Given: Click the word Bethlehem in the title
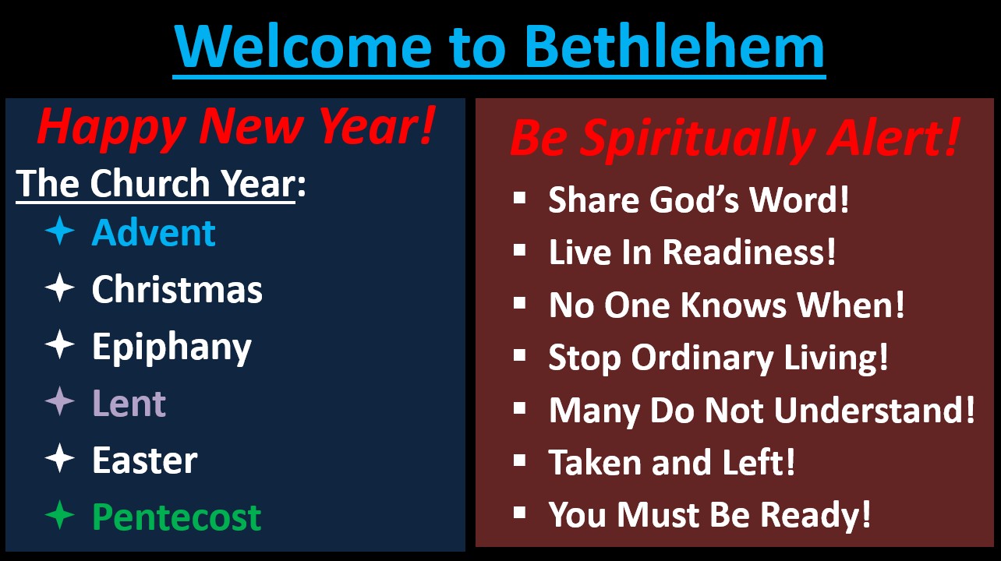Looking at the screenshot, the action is [674, 45].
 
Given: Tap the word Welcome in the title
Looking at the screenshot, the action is [303, 47].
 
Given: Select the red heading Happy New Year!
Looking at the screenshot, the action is [236, 127].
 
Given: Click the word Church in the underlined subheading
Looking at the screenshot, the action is [150, 182].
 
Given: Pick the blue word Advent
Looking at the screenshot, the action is [154, 233].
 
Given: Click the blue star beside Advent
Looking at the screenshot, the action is [60, 231].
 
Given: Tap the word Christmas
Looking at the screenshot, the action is [177, 289].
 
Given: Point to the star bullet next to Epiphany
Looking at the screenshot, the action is [60, 344].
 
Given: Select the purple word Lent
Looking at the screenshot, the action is [129, 404].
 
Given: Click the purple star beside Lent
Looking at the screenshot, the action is [60, 401].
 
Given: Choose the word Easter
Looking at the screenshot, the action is [145, 460].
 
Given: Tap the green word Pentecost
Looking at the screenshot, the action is [176, 517].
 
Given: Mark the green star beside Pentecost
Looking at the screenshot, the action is [60, 515].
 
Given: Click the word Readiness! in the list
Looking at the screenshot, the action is [748, 252].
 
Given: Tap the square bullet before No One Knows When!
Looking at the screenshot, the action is [520, 303].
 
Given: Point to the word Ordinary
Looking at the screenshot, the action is [702, 358].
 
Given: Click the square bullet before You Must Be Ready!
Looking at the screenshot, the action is [520, 513].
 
